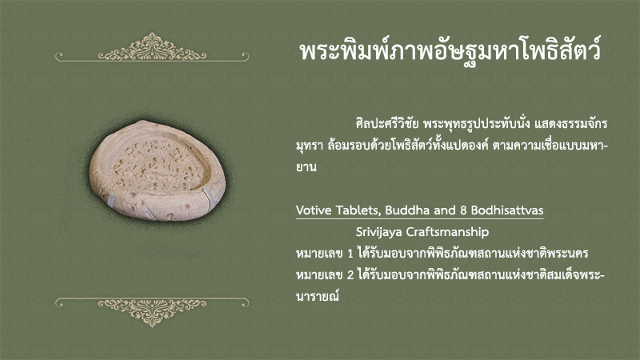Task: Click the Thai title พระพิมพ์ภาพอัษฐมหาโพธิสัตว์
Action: click(x=450, y=51)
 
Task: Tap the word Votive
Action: click(x=314, y=210)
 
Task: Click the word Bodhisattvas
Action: click(x=507, y=210)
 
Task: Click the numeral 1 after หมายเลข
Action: click(x=350, y=254)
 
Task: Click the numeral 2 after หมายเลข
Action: click(x=350, y=275)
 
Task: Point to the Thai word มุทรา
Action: click(x=310, y=146)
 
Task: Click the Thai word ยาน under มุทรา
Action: click(x=306, y=167)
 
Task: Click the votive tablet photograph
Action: click(x=157, y=170)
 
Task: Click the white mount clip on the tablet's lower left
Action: click(x=111, y=199)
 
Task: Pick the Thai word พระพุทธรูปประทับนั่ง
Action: click(x=477, y=123)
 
